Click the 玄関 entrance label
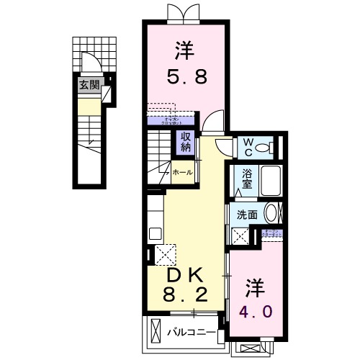pos(90,84)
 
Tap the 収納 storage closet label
pos(186,142)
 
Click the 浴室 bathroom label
pos(247,179)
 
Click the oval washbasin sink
pos(271,213)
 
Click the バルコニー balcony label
pos(191,332)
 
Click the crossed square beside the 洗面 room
pos(238,235)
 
